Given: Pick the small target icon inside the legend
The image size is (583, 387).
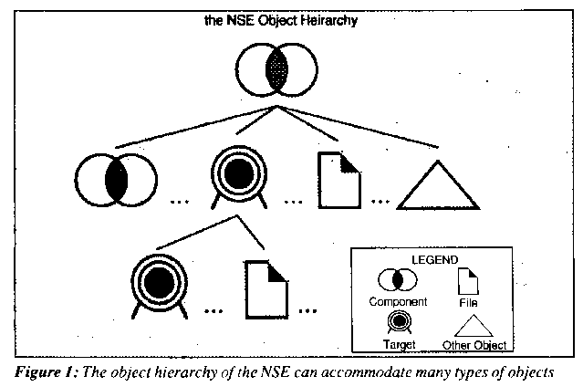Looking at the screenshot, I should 399,321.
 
